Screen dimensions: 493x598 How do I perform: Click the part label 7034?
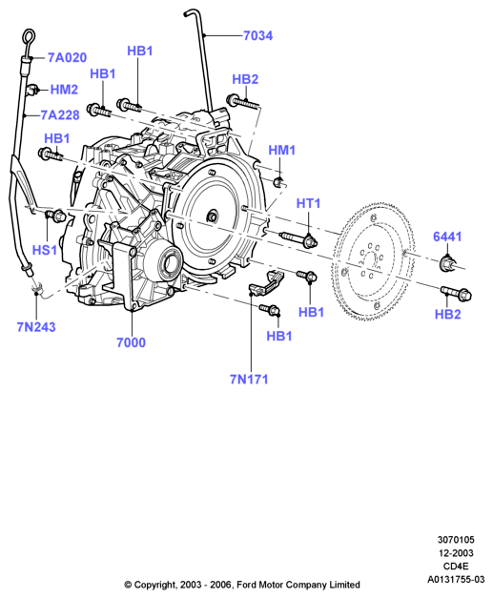tap(258, 36)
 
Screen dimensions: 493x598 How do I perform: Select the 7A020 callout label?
tap(67, 57)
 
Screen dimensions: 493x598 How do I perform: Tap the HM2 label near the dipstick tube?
tap(64, 90)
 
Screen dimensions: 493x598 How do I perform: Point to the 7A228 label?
tap(60, 115)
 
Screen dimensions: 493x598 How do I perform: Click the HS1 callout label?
tap(45, 251)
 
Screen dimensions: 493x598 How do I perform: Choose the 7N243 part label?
tap(36, 327)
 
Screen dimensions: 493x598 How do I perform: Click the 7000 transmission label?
tap(131, 342)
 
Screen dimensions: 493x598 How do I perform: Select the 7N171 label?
tap(249, 380)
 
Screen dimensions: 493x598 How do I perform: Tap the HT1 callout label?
tap(308, 203)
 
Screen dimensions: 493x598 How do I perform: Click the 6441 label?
tap(447, 237)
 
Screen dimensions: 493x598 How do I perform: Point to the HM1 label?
tap(282, 151)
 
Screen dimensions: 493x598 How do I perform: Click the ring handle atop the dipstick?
tap(29, 37)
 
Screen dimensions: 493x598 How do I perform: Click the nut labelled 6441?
tap(448, 264)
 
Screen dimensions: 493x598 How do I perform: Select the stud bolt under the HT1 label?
tap(298, 238)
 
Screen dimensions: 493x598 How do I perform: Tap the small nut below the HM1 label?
tap(279, 182)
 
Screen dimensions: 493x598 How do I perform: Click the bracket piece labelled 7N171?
tap(266, 283)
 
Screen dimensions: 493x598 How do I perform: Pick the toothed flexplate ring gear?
tap(373, 262)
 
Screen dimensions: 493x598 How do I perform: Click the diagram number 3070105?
tap(456, 540)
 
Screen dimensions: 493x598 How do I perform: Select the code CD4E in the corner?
tap(456, 567)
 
